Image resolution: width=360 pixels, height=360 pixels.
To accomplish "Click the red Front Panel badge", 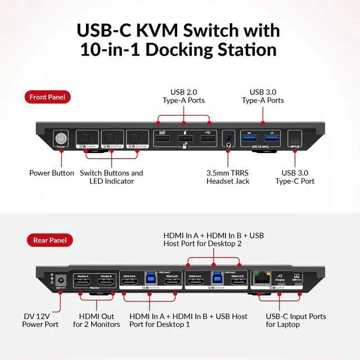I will point(47,97).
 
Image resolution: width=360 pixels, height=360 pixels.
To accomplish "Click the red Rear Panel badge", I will point(46,240).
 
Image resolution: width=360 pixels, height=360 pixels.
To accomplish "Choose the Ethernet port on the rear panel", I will point(260,280).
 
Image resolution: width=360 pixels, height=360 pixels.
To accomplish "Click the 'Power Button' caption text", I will point(52,173).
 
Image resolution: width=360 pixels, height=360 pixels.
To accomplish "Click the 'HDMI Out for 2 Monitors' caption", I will point(96,320).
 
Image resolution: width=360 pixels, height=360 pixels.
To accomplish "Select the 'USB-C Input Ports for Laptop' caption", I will point(290,320).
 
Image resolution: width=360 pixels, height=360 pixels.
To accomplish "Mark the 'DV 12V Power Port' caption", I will point(40,320).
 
